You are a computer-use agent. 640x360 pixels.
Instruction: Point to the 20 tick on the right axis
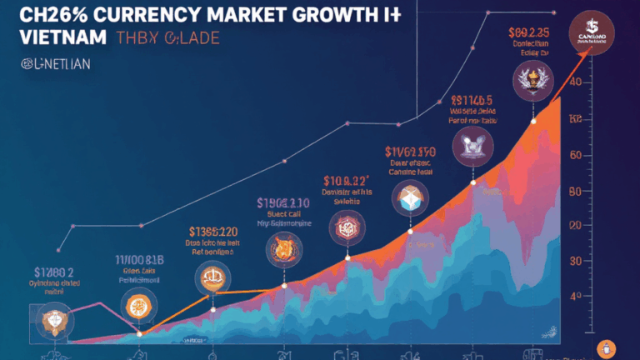(573, 225)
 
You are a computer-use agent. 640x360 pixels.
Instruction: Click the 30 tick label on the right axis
(573, 260)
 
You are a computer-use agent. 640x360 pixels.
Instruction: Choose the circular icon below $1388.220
(208, 277)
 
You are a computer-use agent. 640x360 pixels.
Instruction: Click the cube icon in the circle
(411, 198)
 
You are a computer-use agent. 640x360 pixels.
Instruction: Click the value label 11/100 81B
(138, 259)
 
